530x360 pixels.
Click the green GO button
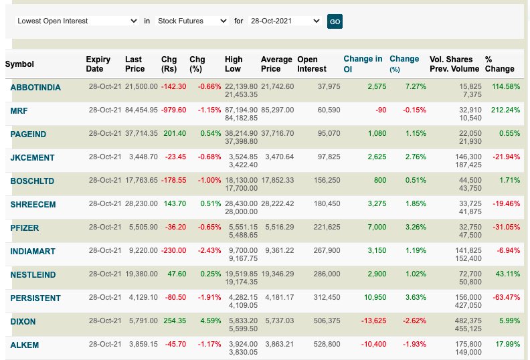335,21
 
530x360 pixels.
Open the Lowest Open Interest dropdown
77,21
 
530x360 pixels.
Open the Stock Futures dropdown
191,21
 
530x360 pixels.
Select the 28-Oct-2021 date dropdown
284,21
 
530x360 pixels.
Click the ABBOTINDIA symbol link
35,88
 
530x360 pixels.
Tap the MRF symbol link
19,111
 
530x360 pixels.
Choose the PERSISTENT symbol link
35,298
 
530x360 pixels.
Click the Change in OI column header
363,64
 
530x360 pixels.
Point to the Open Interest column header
312,64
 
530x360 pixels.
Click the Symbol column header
19,64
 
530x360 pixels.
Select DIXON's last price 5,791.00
143,321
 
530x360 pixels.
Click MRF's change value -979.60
174,110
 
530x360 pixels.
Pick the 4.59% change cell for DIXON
210,321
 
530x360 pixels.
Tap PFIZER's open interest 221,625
327,227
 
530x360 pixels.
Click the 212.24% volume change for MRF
505,110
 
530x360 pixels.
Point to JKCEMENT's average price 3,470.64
279,157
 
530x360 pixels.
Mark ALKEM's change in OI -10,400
373,344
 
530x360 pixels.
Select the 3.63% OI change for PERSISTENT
416,297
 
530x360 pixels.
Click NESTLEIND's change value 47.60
177,274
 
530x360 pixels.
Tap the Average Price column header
276,64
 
